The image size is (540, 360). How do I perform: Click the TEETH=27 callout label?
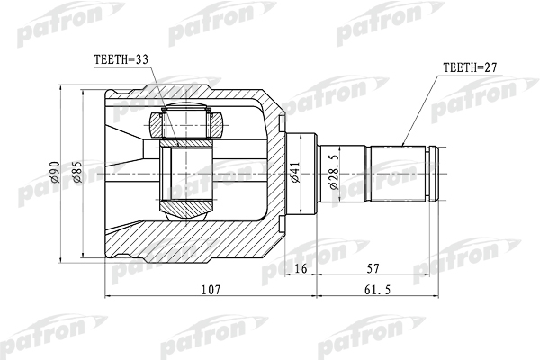[x=471, y=67]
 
